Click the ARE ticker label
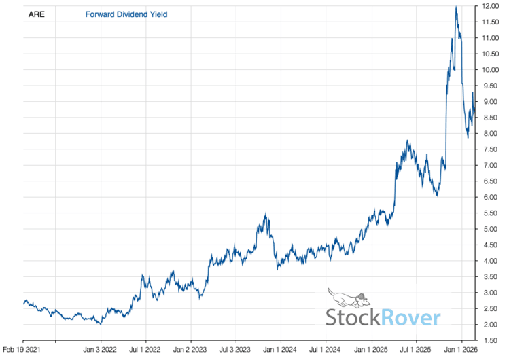37,14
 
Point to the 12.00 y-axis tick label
492,6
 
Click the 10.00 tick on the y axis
492,70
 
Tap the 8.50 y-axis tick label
492,118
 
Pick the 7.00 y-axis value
492,166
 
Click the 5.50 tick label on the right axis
492,213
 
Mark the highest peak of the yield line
455,7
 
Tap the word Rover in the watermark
410,317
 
